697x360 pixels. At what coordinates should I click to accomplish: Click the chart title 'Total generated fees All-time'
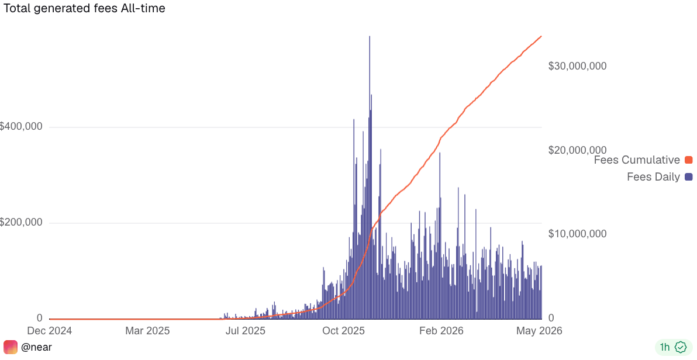click(x=84, y=8)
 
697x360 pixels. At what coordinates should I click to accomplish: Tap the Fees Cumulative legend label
click(x=637, y=160)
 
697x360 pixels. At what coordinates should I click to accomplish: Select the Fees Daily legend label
click(x=653, y=177)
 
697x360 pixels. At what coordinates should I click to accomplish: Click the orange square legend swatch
click(x=689, y=160)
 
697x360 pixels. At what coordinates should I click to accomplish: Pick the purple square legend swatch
click(x=689, y=177)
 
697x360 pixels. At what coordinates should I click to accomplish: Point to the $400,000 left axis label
click(x=21, y=127)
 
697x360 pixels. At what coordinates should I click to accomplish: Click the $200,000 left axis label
click(x=21, y=222)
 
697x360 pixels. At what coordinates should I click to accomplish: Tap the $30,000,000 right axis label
click(x=577, y=66)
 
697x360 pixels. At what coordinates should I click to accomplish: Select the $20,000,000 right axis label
click(x=577, y=150)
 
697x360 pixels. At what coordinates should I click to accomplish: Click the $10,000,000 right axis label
click(x=577, y=234)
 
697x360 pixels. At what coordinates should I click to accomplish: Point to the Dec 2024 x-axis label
click(x=49, y=331)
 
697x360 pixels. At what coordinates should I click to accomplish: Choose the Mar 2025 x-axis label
click(x=147, y=331)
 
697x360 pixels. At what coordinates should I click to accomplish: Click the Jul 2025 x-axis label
click(x=245, y=331)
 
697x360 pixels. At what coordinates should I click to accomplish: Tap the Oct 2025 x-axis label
click(x=343, y=331)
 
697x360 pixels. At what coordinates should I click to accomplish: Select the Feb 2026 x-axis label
click(x=441, y=331)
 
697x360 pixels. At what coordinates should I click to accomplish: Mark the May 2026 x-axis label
click(x=539, y=331)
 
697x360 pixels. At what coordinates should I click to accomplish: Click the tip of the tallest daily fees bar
click(x=370, y=36)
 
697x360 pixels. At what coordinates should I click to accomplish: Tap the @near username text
click(x=36, y=347)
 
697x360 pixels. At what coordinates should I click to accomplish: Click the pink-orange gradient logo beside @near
click(x=10, y=347)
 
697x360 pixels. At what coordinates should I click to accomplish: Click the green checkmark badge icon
click(x=681, y=347)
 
